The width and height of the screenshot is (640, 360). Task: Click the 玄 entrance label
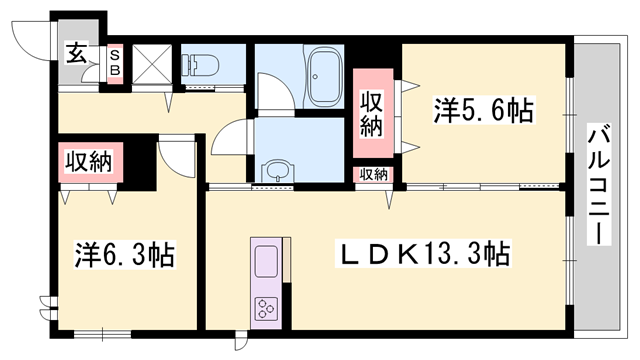point(76,54)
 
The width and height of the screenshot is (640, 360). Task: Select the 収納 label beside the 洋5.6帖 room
point(372,112)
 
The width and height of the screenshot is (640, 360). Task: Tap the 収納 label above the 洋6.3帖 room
point(89,160)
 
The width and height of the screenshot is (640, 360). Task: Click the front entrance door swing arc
point(28,38)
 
